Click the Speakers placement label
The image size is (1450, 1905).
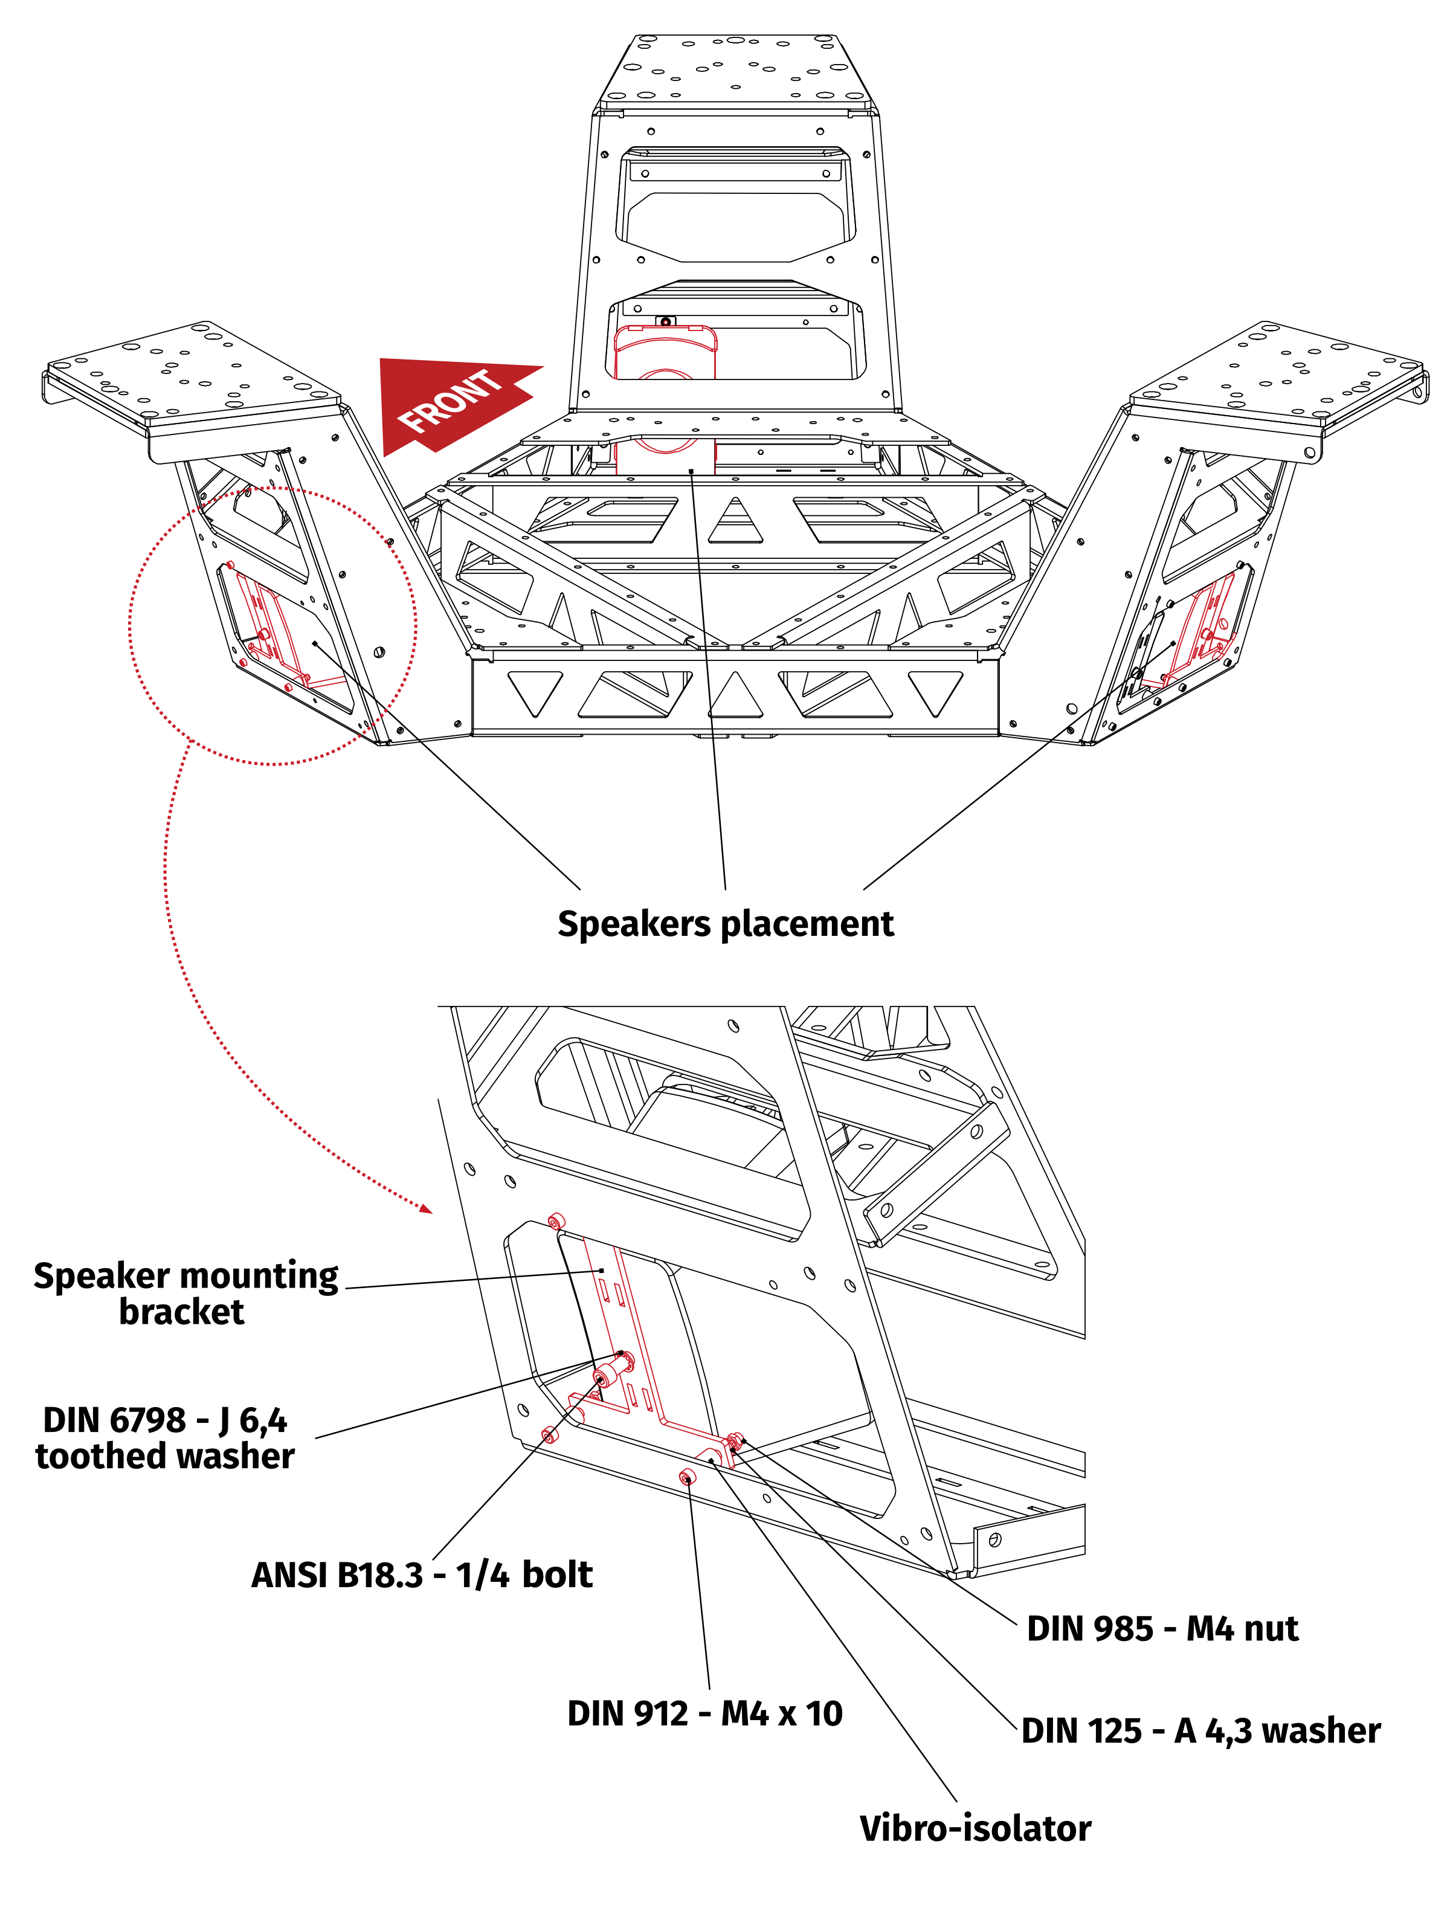tap(725, 924)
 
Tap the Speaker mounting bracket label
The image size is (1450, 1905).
tap(185, 1293)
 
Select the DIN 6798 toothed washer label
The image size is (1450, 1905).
tap(164, 1438)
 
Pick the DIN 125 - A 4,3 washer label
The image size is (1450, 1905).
tap(1200, 1730)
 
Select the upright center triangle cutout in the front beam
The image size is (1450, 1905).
tap(735, 695)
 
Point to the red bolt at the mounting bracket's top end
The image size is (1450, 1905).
tap(556, 1222)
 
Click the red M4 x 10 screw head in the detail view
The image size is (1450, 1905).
tap(687, 1477)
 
